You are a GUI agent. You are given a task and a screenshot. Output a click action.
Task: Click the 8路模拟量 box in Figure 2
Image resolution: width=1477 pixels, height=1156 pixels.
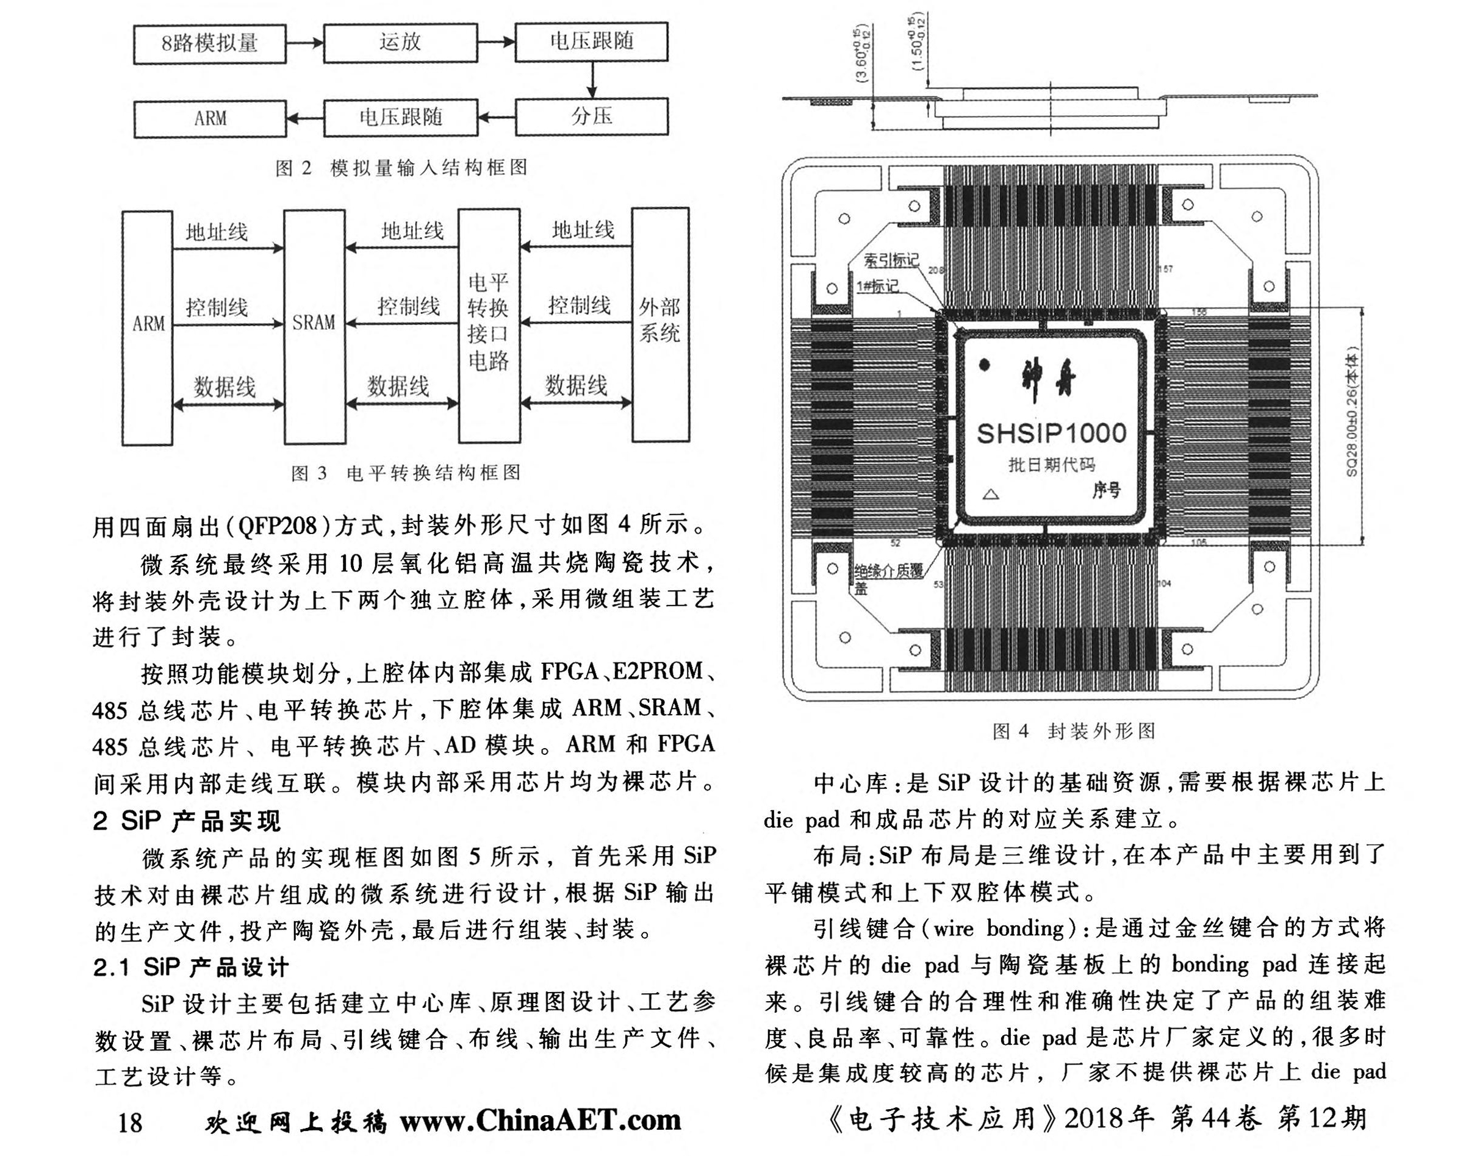click(x=209, y=44)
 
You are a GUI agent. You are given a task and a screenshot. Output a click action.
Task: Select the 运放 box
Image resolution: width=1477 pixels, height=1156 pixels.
click(x=400, y=43)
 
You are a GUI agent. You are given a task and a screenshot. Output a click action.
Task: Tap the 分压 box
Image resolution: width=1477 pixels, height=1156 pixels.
click(x=591, y=116)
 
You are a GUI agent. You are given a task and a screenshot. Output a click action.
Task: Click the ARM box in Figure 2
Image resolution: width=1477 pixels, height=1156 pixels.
click(x=210, y=118)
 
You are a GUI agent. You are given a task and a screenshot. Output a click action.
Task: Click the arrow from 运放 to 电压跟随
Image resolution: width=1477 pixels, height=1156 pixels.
click(x=497, y=42)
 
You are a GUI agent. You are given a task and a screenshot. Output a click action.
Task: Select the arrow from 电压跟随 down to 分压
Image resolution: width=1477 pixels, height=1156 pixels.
click(x=592, y=80)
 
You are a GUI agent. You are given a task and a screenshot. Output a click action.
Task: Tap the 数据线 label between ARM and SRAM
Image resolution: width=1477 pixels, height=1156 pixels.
click(x=225, y=387)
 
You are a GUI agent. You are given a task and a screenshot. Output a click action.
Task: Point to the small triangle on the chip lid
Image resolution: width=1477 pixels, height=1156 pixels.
click(x=991, y=494)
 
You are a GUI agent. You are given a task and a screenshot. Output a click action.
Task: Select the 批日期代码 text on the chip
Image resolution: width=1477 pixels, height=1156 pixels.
click(x=1051, y=465)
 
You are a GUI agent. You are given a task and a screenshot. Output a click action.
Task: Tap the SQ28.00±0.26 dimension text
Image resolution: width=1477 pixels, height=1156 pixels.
click(x=1352, y=413)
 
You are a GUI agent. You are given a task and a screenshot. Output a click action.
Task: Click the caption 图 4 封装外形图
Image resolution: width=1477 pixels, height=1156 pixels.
click(x=1074, y=731)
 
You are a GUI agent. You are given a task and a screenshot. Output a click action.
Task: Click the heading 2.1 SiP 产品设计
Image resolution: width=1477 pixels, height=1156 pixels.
click(x=191, y=967)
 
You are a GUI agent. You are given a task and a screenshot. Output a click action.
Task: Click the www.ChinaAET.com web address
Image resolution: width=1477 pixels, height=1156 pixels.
click(x=541, y=1121)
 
